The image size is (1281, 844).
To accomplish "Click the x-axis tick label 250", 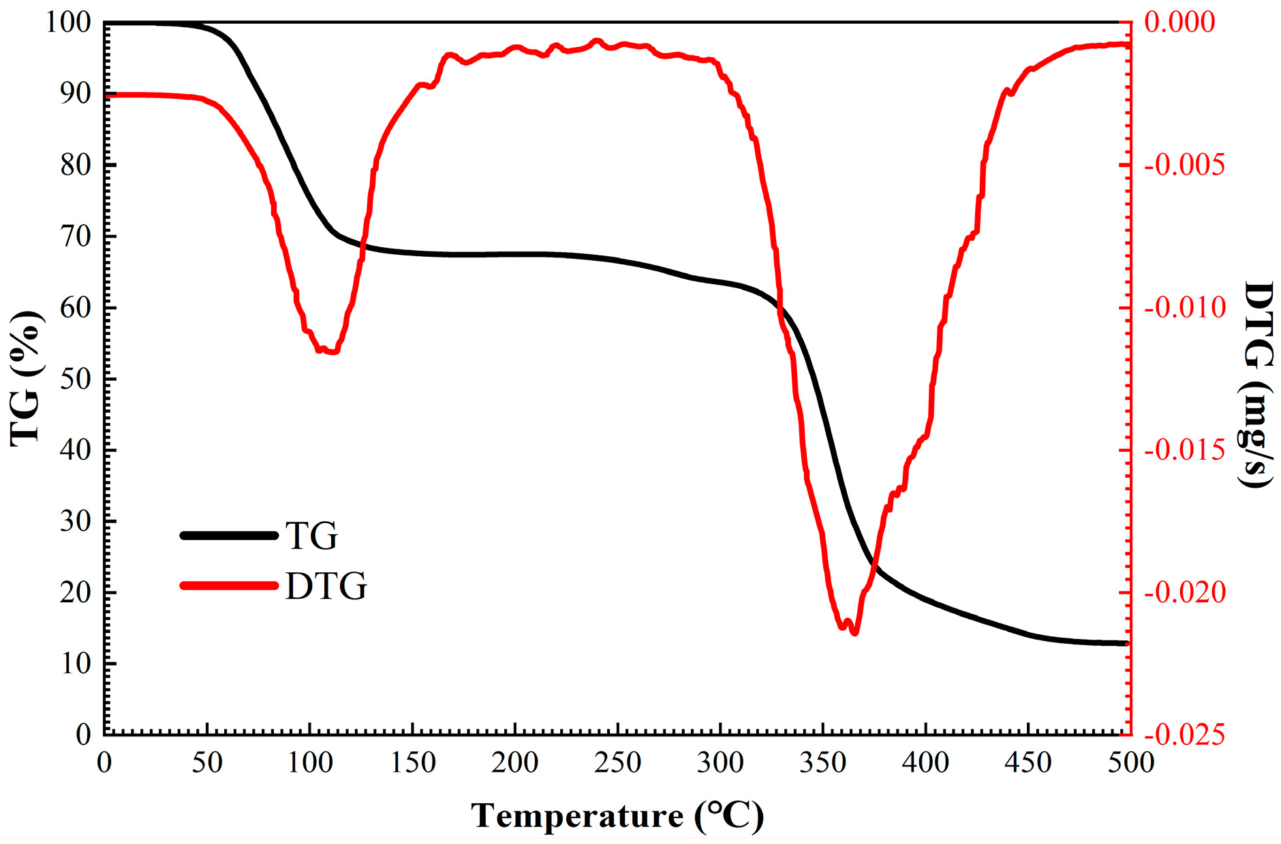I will point(617,762).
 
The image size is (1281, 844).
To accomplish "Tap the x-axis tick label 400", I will point(925,762).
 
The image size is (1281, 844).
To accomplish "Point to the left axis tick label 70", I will point(76,236).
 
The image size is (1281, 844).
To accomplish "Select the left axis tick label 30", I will point(76,521).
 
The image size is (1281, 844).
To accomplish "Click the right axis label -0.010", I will point(1184,307).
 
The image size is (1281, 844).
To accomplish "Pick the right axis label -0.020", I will point(1184,592).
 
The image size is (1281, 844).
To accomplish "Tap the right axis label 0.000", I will point(1179,22).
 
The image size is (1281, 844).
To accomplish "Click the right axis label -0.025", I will point(1184,735).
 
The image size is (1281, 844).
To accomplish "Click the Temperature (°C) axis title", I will point(617,815).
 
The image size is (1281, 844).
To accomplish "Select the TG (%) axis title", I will point(26,379).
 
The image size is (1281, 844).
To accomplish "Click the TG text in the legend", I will point(311,536).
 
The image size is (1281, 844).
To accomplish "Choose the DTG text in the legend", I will point(326,586).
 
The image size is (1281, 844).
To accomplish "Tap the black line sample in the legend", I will point(229,535).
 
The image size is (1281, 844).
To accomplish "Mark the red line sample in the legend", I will point(229,585).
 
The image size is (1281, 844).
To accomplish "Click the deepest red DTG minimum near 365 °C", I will point(854,633).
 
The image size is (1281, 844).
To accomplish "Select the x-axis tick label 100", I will point(309,762).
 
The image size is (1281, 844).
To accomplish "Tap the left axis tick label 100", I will point(68,22).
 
